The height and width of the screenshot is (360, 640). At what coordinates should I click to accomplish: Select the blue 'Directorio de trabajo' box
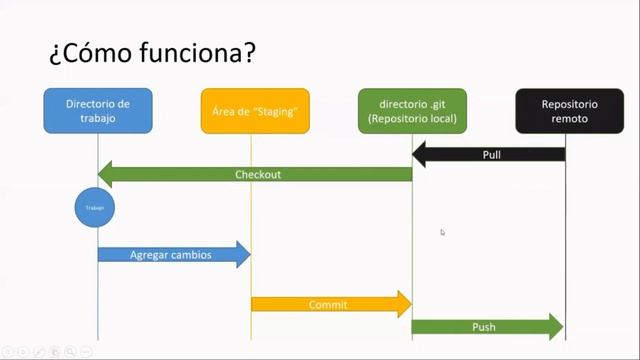[x=98, y=110]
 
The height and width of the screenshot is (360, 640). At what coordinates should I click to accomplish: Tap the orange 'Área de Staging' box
[x=255, y=110]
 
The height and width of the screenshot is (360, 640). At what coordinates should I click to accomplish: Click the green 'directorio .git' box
[x=412, y=110]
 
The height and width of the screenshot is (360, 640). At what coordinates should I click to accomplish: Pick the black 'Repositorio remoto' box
[x=565, y=110]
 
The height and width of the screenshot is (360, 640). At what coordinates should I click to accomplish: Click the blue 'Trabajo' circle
[x=96, y=208]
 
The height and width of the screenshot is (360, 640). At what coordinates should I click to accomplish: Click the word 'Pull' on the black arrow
[x=492, y=155]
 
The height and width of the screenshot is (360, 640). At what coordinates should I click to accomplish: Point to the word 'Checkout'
[x=258, y=174]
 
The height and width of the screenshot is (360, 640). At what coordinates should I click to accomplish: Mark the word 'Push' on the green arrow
[x=484, y=327]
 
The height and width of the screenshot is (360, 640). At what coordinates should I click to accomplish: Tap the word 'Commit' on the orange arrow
[x=328, y=304]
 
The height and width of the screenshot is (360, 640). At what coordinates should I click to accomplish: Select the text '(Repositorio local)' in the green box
[x=412, y=119]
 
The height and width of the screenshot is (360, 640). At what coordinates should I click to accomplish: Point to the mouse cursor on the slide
[x=442, y=232]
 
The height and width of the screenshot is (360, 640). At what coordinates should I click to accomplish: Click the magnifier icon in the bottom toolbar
[x=71, y=351]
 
